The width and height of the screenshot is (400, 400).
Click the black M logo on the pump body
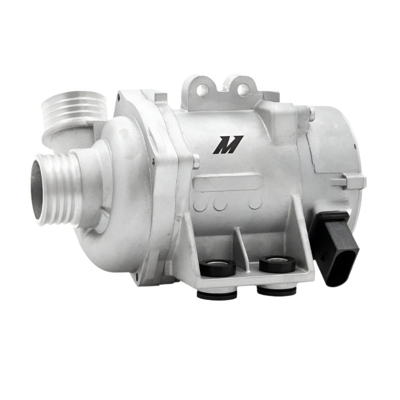tap(227, 144)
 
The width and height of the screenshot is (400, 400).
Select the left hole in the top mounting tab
tap(203, 90)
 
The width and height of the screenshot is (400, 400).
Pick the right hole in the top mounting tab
tap(242, 90)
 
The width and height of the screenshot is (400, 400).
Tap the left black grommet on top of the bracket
tap(217, 267)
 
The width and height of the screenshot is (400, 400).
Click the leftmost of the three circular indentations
tap(200, 204)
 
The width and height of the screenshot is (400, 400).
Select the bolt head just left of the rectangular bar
tap(196, 161)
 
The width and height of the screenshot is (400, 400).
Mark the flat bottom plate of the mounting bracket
tap(250, 277)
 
